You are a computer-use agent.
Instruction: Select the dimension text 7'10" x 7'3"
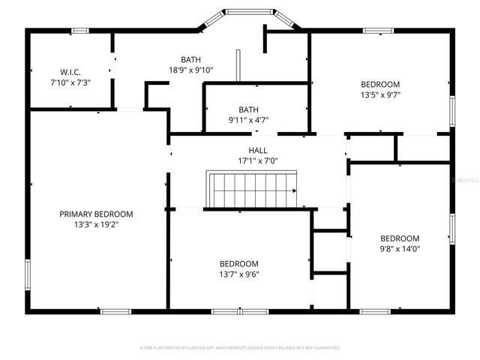[x=70, y=82]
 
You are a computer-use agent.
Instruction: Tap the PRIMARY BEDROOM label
[x=96, y=214]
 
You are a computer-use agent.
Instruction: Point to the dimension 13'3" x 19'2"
[x=96, y=223]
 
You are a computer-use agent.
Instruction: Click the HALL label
[x=258, y=151]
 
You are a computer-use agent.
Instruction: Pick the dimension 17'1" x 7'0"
[x=258, y=160]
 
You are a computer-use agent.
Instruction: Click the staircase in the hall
[x=252, y=189]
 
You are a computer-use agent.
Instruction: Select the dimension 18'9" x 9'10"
[x=190, y=70]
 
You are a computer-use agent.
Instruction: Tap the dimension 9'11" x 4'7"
[x=248, y=119]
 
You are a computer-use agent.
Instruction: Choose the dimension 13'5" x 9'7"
[x=380, y=94]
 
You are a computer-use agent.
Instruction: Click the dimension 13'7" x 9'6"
[x=238, y=274]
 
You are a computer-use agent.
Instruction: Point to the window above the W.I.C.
[x=80, y=30]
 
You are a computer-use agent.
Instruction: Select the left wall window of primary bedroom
[x=28, y=274]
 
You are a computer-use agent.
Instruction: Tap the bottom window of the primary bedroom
[x=116, y=311]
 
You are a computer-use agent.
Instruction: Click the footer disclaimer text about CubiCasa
[x=240, y=348]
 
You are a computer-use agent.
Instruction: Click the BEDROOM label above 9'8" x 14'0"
[x=399, y=238]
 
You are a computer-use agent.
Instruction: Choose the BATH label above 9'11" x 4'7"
[x=248, y=109]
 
